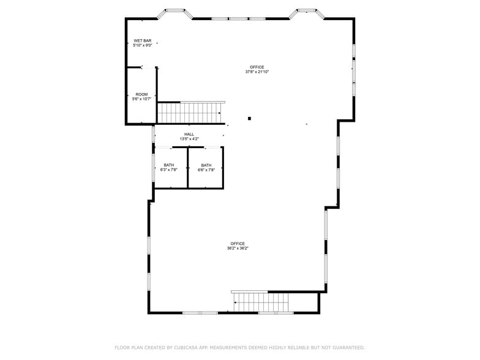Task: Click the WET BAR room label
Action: [x=142, y=40]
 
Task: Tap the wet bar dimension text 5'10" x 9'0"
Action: [x=142, y=45]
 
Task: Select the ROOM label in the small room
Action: [x=141, y=94]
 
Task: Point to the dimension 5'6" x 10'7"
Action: [x=141, y=99]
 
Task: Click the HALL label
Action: [x=189, y=134]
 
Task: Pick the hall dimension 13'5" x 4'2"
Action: [x=189, y=139]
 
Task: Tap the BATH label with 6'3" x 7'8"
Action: [x=169, y=165]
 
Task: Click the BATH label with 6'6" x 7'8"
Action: [x=206, y=165]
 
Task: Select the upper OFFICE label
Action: [x=257, y=67]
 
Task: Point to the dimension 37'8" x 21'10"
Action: [x=257, y=72]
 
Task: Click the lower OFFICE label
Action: [x=238, y=244]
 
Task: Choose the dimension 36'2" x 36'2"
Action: [x=238, y=249]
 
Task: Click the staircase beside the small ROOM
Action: [x=190, y=113]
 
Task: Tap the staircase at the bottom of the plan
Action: [x=261, y=302]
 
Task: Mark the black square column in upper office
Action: [x=249, y=118]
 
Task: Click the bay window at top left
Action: [x=176, y=12]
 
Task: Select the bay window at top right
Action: [x=306, y=12]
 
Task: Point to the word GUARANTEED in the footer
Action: [x=345, y=348]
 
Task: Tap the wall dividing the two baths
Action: [x=187, y=167]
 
